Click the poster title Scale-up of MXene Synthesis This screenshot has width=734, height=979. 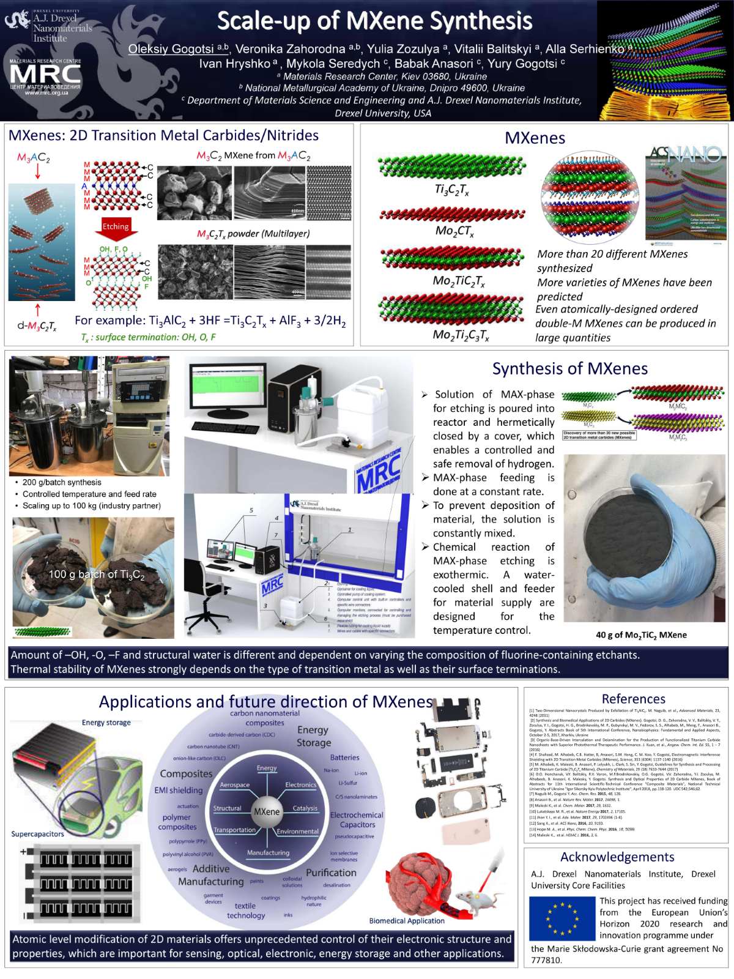(374, 21)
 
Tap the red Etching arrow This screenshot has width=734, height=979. (116, 228)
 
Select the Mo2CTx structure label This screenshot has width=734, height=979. (454, 231)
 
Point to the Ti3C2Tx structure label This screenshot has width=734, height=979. (451, 190)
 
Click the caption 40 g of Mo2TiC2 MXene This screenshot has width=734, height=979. (641, 635)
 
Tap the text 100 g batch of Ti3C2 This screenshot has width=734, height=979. (97, 575)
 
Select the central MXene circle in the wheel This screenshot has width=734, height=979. (267, 811)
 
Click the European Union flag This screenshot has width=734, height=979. (562, 918)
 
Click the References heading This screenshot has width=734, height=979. (633, 699)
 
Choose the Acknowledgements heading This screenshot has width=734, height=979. (617, 857)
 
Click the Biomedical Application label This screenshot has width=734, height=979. (407, 920)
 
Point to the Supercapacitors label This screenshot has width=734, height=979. (37, 833)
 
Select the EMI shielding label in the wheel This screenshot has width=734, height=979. (178, 790)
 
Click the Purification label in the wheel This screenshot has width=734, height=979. (331, 873)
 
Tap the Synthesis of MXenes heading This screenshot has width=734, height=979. (569, 368)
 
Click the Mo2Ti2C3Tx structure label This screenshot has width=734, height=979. (461, 335)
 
